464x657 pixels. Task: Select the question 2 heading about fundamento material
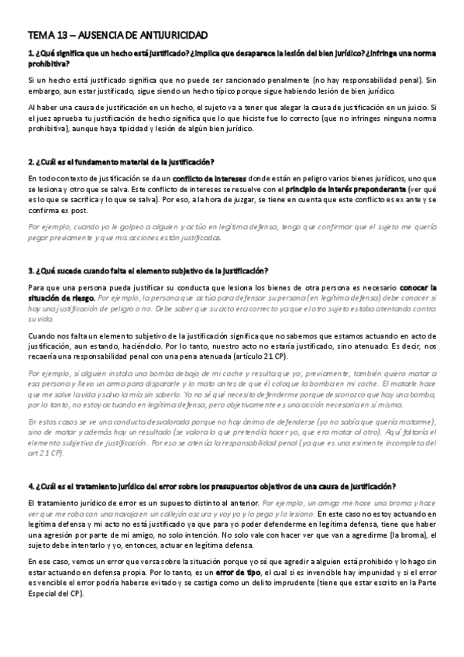(x=120, y=162)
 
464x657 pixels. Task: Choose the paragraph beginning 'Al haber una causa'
(x=232, y=116)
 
